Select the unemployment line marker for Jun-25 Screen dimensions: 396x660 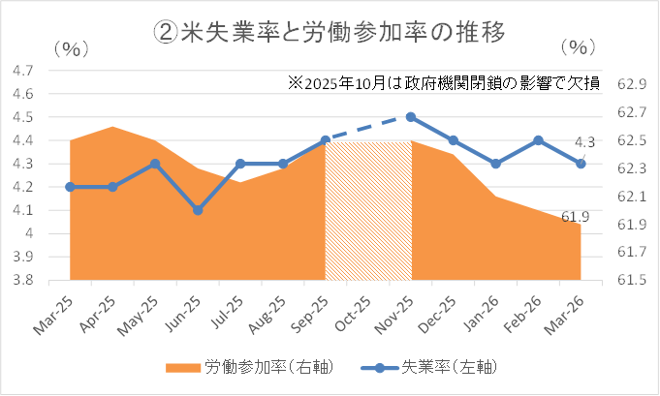tap(198, 210)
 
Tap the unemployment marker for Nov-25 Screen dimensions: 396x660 tap(411, 117)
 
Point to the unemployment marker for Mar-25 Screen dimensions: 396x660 tap(70, 187)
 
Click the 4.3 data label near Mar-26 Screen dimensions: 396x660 tap(584, 143)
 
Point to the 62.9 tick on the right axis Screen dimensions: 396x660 tap(630, 84)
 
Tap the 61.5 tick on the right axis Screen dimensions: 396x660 tap(630, 281)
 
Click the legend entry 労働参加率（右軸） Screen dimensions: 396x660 tap(252, 367)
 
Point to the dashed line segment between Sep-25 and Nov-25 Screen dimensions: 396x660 tap(368, 129)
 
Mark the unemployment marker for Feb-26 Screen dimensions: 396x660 tap(539, 140)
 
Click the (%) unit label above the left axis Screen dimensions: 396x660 tap(75, 48)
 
